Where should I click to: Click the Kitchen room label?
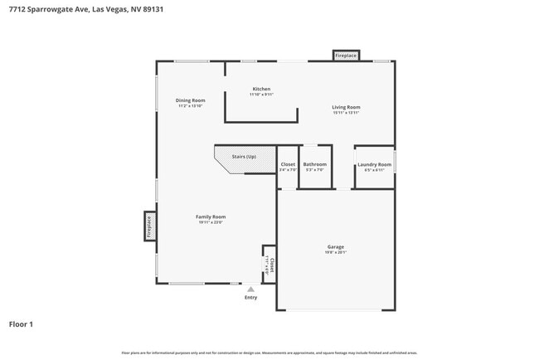coord(261,89)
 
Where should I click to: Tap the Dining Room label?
coord(190,100)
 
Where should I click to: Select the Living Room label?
coord(346,107)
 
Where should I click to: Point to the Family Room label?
coord(211,216)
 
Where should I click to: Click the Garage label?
coord(335,246)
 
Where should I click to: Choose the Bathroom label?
coord(315,164)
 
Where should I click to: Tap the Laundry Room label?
coord(374,164)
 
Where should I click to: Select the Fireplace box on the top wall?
coord(346,56)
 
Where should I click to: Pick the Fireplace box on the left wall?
coord(149,225)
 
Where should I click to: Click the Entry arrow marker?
coord(250,289)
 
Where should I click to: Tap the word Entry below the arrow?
coord(250,297)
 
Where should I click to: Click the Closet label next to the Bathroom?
coord(288,164)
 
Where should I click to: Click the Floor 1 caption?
coord(21,324)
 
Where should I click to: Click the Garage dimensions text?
coord(335,253)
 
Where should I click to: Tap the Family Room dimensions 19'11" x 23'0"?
coord(211,222)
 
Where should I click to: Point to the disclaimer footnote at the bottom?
coord(269,353)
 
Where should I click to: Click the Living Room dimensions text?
coord(346,113)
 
